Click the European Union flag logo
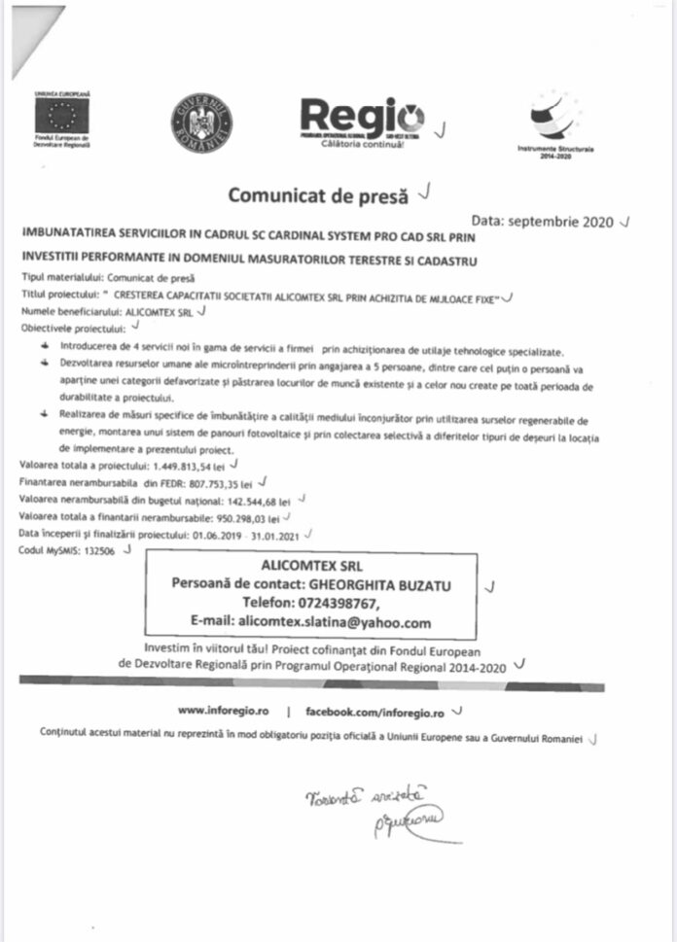pos(60,115)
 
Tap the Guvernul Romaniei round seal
pos(201,122)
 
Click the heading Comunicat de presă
pos(318,194)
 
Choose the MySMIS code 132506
pos(95,551)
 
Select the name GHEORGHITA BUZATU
pos(378,583)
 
